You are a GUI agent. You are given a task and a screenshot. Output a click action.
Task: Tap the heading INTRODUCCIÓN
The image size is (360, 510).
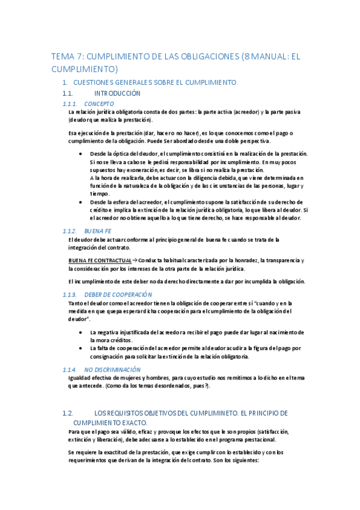pos(117,93)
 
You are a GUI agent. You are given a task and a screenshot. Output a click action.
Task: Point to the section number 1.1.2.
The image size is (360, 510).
pos(71,231)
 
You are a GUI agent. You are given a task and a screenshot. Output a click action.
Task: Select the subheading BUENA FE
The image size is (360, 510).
pos(97,231)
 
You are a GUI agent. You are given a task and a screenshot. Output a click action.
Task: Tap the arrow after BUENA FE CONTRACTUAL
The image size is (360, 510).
pos(135,260)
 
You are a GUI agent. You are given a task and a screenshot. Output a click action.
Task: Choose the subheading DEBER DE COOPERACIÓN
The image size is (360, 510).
pos(118,294)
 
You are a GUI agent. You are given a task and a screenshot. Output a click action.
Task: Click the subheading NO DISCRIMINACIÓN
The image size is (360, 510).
pos(112,369)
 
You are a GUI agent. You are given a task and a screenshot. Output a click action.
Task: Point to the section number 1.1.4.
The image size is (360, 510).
pos(71,369)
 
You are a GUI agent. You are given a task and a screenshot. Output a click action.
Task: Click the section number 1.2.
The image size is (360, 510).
pos(67,413)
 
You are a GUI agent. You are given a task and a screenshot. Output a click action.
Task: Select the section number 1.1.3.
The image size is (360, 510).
pos(71,294)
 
